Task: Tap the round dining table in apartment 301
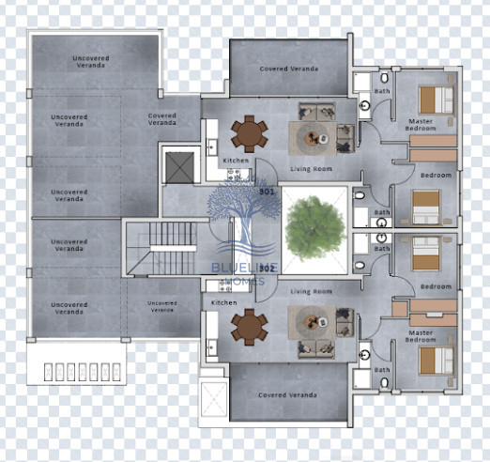click(x=249, y=132)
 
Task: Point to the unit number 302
click(x=267, y=269)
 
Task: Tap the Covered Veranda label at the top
click(x=288, y=69)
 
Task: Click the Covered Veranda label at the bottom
click(x=288, y=395)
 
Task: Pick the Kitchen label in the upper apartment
click(x=237, y=161)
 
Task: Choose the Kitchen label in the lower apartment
click(x=224, y=302)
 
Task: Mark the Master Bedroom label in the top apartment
click(x=421, y=124)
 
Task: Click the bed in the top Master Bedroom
click(x=433, y=99)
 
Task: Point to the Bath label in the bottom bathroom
click(x=382, y=370)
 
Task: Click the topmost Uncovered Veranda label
click(x=91, y=61)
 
